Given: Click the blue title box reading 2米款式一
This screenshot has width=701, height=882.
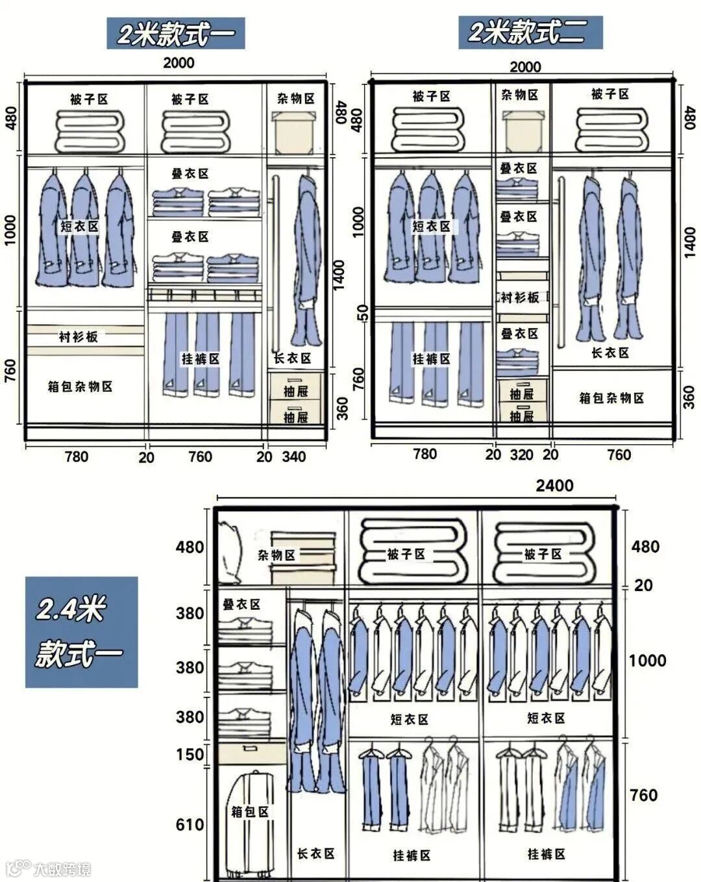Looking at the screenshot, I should click(175, 33).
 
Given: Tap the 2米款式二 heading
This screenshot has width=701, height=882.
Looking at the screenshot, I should click(530, 32).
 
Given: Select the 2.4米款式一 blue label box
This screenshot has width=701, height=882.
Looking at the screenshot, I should click(81, 631).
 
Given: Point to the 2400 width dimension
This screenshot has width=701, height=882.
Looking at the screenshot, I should click(554, 485).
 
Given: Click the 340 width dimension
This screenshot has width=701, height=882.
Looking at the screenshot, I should click(293, 457).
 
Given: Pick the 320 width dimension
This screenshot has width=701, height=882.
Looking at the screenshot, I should click(521, 455).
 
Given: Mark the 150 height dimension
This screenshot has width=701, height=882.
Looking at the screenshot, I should click(190, 755).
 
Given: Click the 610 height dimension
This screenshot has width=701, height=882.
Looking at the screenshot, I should click(190, 824).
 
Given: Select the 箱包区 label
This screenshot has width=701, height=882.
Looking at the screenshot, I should click(250, 812).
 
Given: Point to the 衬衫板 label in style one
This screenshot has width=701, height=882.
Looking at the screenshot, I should click(79, 336).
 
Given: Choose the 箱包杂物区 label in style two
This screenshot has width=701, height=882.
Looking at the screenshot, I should click(611, 398).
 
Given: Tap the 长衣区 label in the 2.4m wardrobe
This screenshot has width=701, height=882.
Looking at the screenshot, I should click(315, 853).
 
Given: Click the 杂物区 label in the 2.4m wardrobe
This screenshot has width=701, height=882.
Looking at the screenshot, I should click(277, 555).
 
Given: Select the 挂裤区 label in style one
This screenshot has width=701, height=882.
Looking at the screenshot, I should click(201, 359).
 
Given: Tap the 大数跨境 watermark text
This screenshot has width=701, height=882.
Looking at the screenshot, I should click(62, 868).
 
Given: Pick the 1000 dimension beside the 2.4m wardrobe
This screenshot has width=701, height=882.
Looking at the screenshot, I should click(647, 661).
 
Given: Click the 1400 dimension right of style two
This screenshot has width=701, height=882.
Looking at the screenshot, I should click(689, 242).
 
